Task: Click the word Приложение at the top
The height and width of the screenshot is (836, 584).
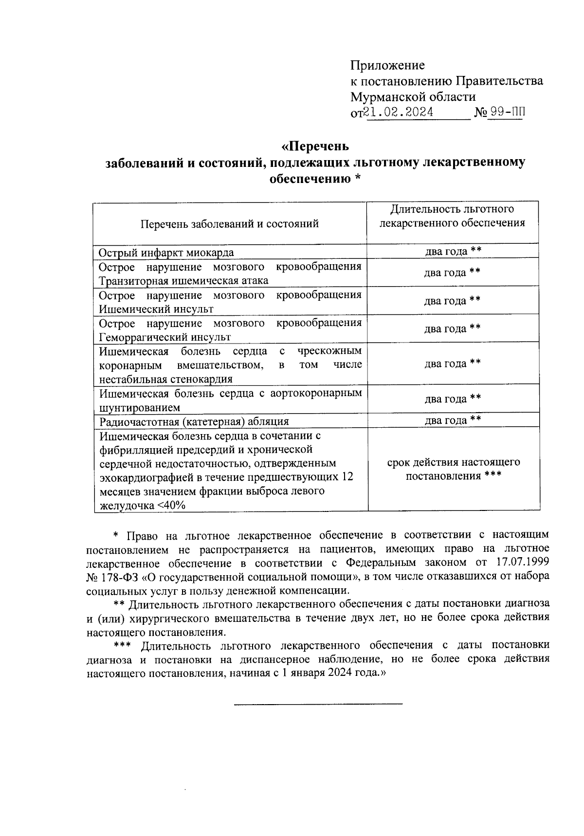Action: pyautogui.click(x=387, y=65)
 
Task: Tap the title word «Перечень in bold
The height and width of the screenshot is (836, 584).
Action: pyautogui.click(x=315, y=146)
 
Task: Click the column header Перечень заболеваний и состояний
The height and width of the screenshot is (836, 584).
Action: pyautogui.click(x=230, y=224)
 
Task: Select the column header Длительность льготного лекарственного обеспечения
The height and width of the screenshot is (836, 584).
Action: pyautogui.click(x=452, y=216)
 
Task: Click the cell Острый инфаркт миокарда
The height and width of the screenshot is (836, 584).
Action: pyautogui.click(x=166, y=253)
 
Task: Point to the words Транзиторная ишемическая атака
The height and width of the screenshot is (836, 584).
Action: pyautogui.click(x=183, y=281)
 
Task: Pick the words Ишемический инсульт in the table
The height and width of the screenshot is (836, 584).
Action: pyautogui.click(x=156, y=309)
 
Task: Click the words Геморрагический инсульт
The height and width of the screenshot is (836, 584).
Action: pyautogui.click(x=164, y=337)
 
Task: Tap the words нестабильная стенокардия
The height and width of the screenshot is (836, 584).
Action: pyautogui.click(x=165, y=379)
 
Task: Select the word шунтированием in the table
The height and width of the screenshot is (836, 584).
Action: pyautogui.click(x=140, y=407)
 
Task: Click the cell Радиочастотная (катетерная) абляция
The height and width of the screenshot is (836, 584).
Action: pyautogui.click(x=194, y=421)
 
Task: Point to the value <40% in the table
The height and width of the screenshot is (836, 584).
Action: pyautogui.click(x=171, y=506)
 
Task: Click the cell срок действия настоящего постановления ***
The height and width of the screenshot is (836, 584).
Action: pyautogui.click(x=453, y=469)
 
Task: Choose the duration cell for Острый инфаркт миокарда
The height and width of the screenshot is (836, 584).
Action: pyautogui.click(x=453, y=251)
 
